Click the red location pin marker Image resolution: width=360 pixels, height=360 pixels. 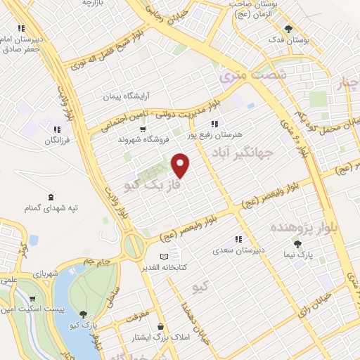181,166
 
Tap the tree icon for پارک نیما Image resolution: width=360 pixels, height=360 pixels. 298,244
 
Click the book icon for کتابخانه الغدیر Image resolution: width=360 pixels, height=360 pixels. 165,257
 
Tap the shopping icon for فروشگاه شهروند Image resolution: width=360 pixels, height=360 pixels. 143,129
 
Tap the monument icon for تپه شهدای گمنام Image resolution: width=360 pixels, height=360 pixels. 51,197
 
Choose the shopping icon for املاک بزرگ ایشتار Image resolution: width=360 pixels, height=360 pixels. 162,326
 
